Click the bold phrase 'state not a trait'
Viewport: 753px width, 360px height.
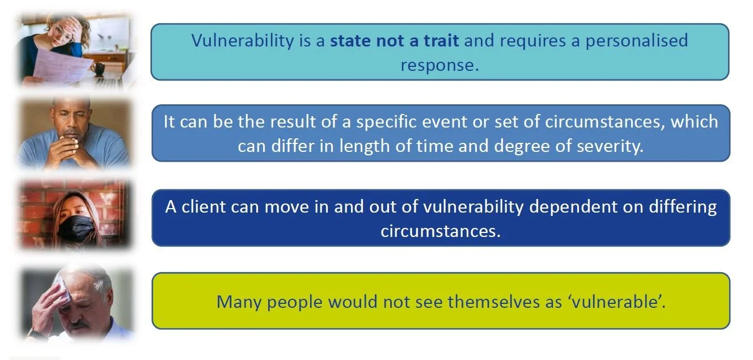point(395,41)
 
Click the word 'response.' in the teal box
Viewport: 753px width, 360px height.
point(439,65)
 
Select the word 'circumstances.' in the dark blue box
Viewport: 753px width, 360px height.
point(441,231)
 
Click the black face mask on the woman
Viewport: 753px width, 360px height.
point(76,227)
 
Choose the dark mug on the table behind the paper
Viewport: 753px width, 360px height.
point(99,69)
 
